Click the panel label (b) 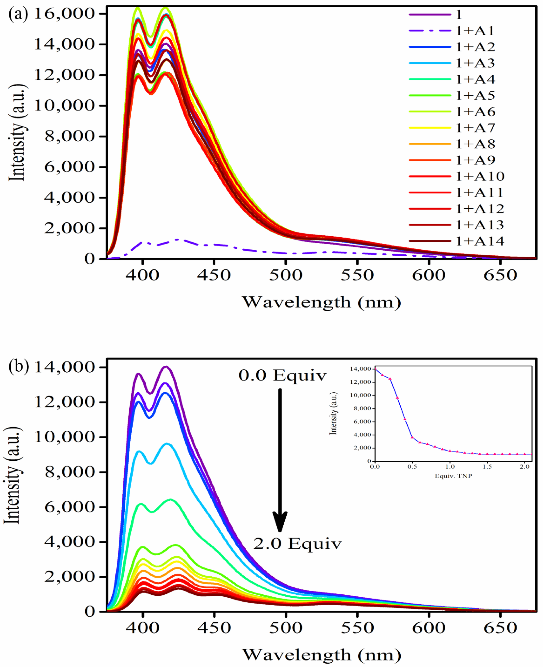point(18,366)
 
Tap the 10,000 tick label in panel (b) point(64,437)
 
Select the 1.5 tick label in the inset point(487,467)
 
